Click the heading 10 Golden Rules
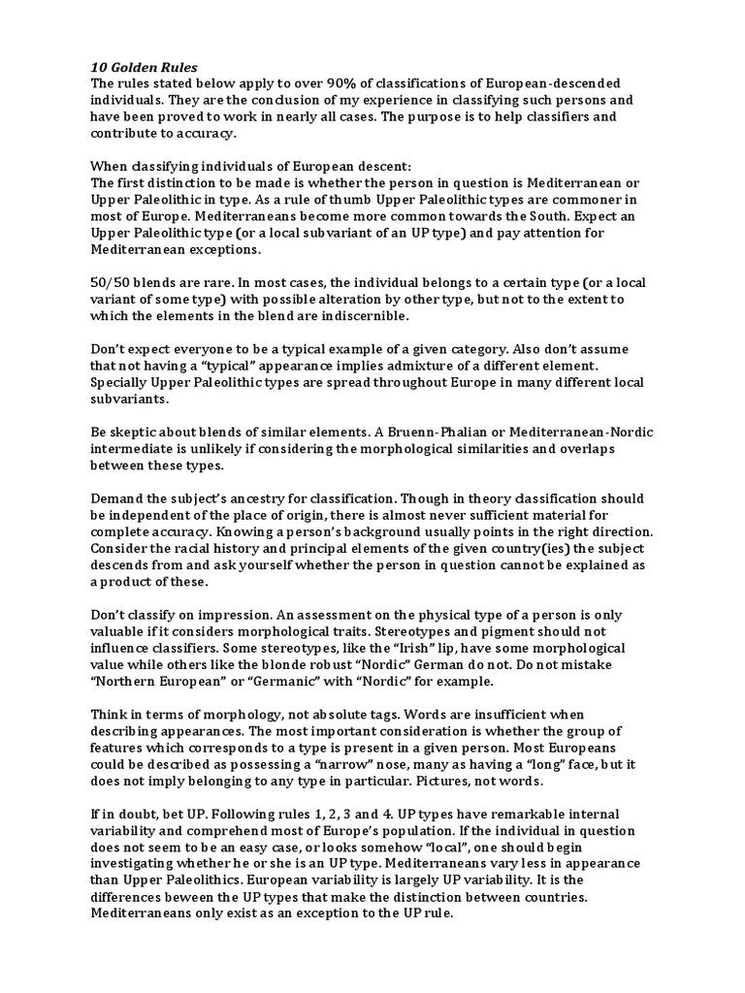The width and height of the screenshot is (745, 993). point(144,66)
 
